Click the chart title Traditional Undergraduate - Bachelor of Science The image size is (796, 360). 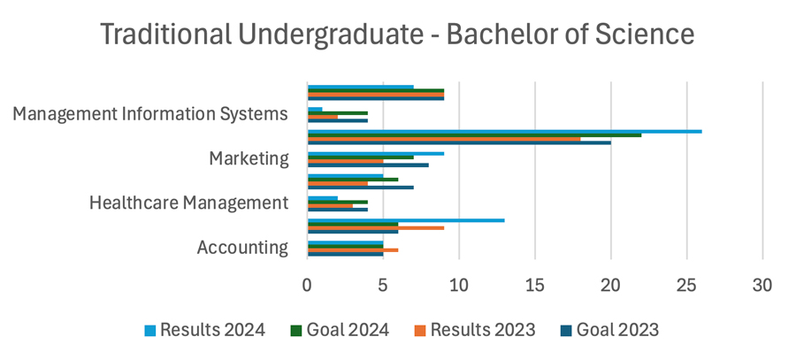click(397, 34)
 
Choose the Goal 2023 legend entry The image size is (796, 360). click(609, 330)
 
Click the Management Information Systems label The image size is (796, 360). click(151, 114)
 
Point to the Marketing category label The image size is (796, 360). click(249, 159)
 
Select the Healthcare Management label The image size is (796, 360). click(188, 203)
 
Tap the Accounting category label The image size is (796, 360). click(242, 248)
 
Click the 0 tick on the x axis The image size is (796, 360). click(307, 286)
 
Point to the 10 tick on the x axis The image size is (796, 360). click(458, 286)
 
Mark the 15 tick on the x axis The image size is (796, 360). click(534, 286)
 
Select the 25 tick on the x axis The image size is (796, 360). click(686, 286)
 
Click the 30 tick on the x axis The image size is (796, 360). click(762, 286)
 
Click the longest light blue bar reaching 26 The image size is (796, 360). click(504, 131)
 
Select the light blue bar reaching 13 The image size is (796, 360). click(406, 219)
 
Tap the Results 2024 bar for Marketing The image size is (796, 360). click(375, 154)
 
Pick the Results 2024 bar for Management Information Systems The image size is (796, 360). click(315, 109)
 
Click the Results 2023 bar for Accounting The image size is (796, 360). click(352, 250)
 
